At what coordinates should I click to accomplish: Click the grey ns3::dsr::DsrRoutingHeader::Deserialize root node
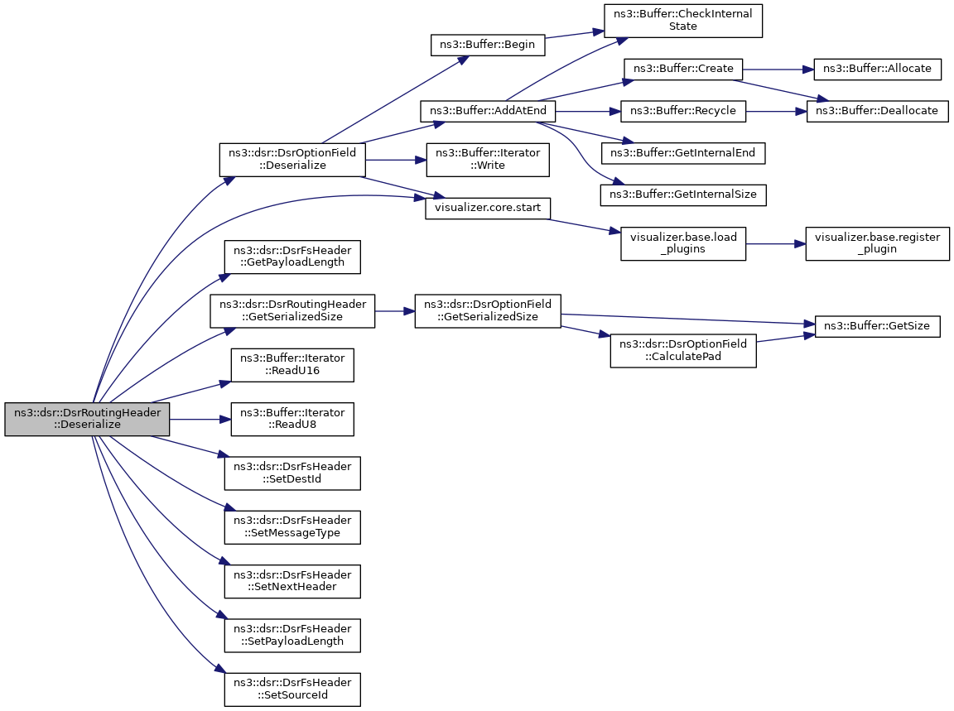[x=87, y=419]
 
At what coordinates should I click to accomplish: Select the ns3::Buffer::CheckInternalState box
[x=682, y=21]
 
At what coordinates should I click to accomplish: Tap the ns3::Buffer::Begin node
[x=487, y=45]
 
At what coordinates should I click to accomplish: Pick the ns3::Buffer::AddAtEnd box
[x=488, y=111]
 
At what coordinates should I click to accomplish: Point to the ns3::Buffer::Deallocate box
[x=877, y=111]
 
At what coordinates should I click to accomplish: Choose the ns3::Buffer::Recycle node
[x=682, y=111]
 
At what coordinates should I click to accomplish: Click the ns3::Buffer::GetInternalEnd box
[x=682, y=153]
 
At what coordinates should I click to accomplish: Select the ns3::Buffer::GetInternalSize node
[x=682, y=195]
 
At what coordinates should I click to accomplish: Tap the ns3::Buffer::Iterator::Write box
[x=488, y=160]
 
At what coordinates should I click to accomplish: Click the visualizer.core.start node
[x=487, y=208]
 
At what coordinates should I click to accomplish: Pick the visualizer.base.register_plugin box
[x=877, y=244]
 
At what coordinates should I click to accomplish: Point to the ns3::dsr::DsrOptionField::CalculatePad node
[x=683, y=350]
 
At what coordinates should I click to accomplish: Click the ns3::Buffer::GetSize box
[x=877, y=327]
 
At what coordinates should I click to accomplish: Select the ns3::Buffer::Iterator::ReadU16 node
[x=292, y=365]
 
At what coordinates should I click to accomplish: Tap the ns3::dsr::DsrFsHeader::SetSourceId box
[x=292, y=689]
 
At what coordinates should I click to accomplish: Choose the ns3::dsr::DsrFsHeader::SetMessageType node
[x=292, y=527]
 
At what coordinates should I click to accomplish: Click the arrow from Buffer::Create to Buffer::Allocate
[x=778, y=70]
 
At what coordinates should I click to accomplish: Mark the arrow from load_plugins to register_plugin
[x=776, y=244]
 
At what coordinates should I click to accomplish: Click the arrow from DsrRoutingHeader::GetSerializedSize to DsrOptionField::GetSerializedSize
[x=395, y=310]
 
